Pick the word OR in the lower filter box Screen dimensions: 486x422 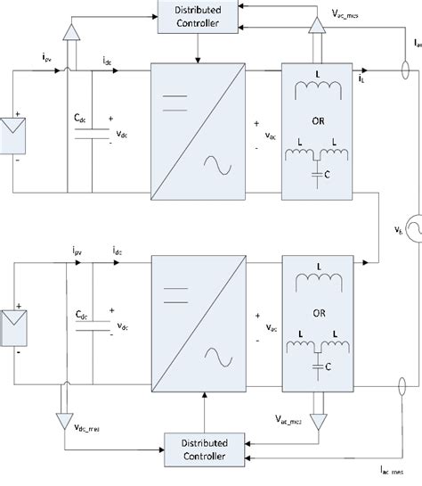pyautogui.click(x=318, y=311)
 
